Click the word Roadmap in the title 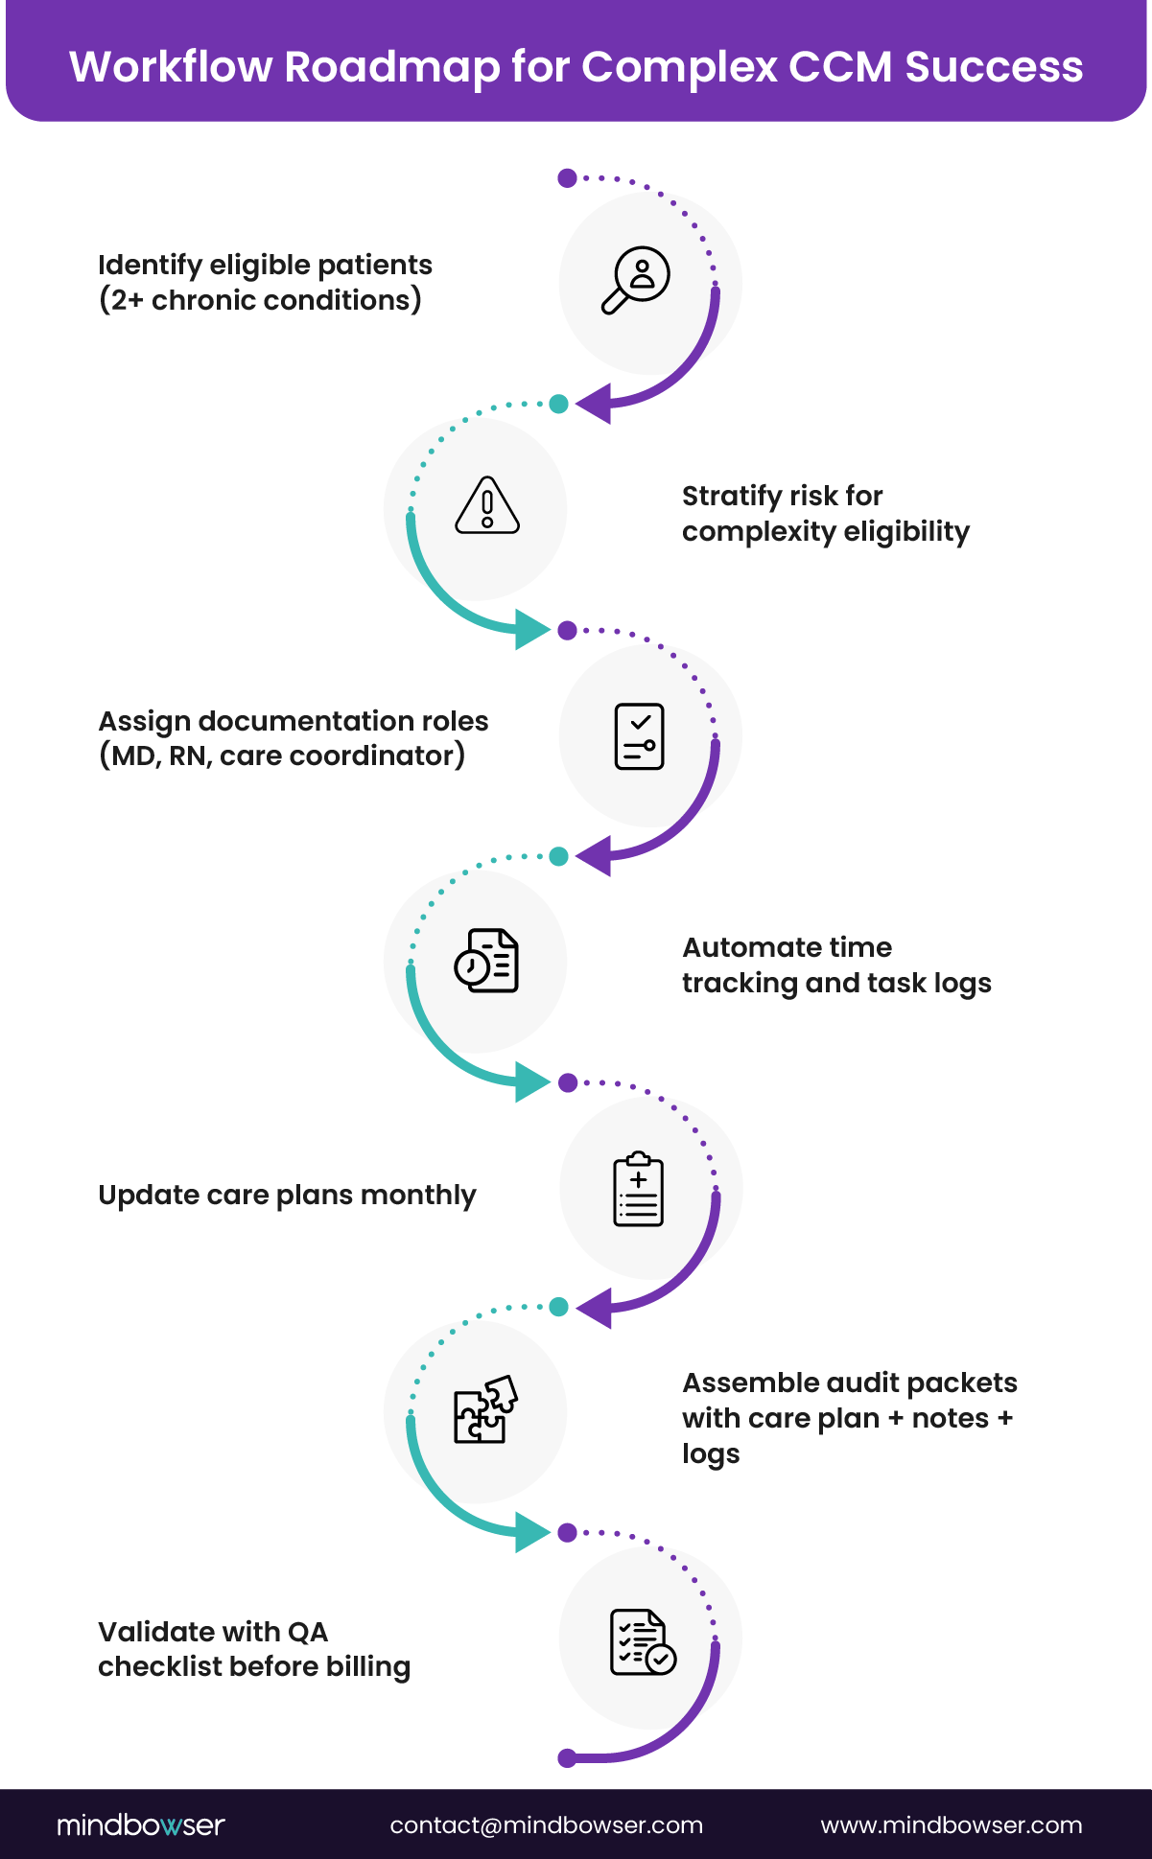point(392,67)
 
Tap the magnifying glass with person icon point(636,279)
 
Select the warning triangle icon point(487,505)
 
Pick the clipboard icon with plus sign point(638,1189)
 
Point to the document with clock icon point(486,960)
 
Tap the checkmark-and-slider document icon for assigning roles point(639,736)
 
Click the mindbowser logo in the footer point(140,1824)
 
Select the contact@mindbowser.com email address point(546,1824)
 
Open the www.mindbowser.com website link point(951,1824)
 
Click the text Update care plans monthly point(287,1195)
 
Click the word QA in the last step point(307,1632)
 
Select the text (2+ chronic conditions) point(260,300)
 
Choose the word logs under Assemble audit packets point(710,1453)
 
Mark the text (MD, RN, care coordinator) point(282,755)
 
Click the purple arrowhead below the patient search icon point(594,404)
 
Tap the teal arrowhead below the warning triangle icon point(531,629)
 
